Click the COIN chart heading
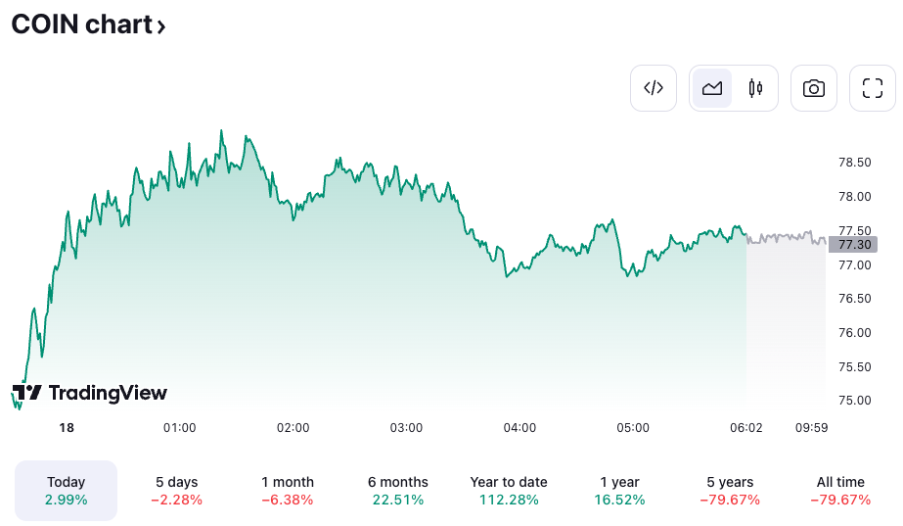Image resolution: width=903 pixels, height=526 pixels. [88, 24]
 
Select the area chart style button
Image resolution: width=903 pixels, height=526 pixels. [712, 88]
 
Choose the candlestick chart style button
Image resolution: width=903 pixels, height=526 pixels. [755, 88]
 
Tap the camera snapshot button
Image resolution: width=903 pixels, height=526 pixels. [813, 88]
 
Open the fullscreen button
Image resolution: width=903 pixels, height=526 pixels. [872, 88]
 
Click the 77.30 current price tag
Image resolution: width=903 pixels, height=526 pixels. [852, 244]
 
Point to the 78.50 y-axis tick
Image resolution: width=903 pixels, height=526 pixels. [855, 162]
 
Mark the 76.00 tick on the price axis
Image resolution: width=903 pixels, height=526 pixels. [855, 332]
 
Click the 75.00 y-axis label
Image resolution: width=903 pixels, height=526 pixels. [855, 400]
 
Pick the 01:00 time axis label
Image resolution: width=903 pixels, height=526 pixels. [179, 427]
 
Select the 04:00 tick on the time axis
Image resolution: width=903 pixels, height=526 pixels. [519, 427]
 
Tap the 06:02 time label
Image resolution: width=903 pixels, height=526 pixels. [746, 427]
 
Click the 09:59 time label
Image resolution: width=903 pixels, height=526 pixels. [811, 427]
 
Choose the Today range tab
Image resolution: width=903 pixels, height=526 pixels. [67, 491]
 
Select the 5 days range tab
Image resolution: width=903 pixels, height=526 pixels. [177, 491]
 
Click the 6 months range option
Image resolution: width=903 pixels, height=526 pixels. [398, 491]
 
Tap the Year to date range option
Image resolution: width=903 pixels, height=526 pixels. [509, 491]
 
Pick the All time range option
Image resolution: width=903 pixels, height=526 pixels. [840, 491]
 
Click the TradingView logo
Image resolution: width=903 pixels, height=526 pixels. [90, 393]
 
